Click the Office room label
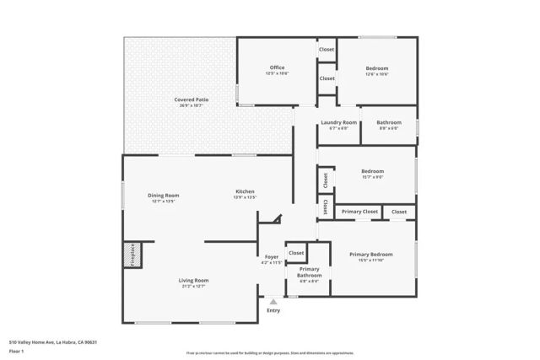tap(278, 67)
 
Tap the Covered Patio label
tap(192, 99)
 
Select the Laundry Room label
tap(338, 123)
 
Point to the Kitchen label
tap(245, 192)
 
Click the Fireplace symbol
tap(131, 255)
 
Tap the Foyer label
tap(272, 256)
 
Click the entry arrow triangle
tap(273, 301)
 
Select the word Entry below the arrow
tap(273, 310)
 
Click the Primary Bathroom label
tap(309, 272)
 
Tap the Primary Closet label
tap(359, 212)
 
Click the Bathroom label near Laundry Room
tap(389, 123)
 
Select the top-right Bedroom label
tap(377, 67)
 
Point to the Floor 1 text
tap(16, 350)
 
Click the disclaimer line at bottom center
tap(270, 352)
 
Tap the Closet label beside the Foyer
tap(296, 252)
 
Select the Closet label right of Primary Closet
tap(399, 212)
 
